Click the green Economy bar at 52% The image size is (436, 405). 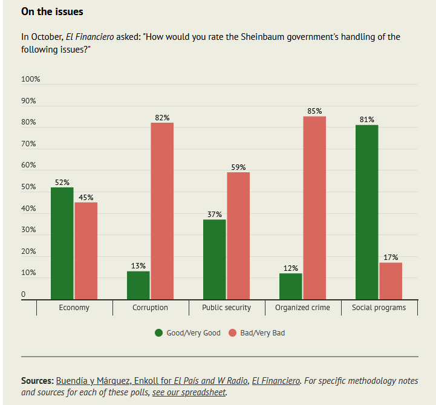62,243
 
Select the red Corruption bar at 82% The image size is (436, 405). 162,211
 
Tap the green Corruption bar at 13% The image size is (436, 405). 138,285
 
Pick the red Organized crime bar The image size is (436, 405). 314,207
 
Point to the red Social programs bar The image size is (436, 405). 391,280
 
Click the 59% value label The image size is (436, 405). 238,167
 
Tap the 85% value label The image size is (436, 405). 314,111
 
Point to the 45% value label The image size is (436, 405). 86,197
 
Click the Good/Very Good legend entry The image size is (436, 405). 187,333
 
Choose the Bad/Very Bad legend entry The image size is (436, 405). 256,333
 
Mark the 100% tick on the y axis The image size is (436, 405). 31,79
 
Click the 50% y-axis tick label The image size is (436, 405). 29,187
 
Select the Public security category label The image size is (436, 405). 226,308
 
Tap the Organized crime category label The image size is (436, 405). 302,308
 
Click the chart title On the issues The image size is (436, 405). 52,11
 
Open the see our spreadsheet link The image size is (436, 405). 189,392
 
